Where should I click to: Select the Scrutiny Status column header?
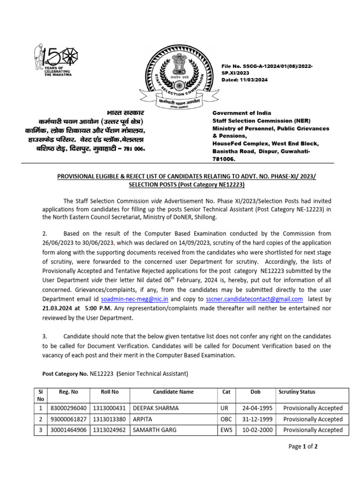click(x=297, y=392)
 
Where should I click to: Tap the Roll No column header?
click(x=110, y=392)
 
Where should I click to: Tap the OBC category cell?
click(x=226, y=419)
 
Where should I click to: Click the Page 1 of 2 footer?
click(x=303, y=460)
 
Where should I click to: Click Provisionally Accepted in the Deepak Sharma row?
click(x=313, y=408)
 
